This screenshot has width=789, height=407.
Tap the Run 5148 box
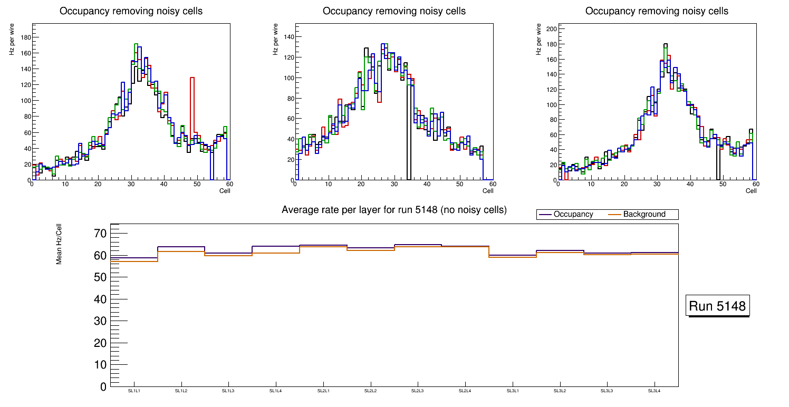tap(718, 306)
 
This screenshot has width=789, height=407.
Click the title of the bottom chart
tap(394, 210)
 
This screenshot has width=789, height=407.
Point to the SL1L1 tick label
tap(134, 391)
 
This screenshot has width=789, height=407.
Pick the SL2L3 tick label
tap(417, 391)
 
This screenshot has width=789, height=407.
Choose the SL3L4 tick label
tap(654, 391)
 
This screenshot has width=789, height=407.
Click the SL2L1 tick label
tap(323, 391)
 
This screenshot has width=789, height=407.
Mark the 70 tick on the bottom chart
tap(100, 234)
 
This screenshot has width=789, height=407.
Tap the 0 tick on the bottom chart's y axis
tap(103, 387)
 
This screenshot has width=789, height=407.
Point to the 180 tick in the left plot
tap(25, 37)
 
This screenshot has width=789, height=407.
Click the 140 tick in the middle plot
tap(287, 37)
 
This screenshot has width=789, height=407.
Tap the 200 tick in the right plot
tap(551, 30)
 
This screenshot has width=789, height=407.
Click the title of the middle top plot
tap(394, 11)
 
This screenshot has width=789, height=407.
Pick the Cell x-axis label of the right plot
tap(751, 190)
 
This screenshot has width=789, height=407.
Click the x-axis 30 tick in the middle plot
tap(393, 184)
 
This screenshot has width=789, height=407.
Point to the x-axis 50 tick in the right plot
tap(723, 184)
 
